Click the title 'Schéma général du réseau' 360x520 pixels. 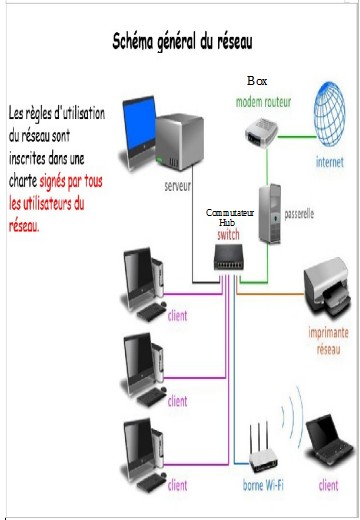(182, 42)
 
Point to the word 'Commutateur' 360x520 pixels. (231, 214)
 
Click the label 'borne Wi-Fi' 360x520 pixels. (264, 487)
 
